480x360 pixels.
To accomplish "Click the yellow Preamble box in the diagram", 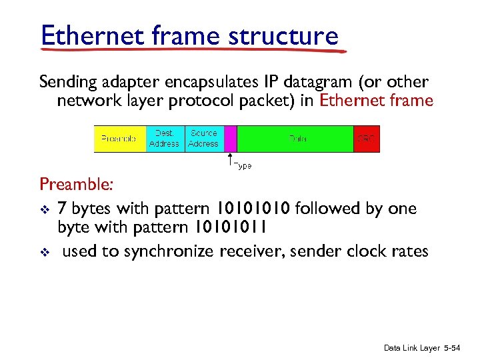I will point(119,139).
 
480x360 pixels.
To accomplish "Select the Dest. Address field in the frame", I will point(164,139).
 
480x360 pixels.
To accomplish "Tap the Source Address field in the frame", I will point(203,139).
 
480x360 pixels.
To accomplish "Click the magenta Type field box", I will point(231,139).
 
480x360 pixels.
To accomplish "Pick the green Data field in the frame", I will point(295,139).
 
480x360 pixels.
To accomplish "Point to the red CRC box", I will point(366,139).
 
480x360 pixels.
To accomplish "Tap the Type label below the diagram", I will point(243,165).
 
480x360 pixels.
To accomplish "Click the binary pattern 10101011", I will point(231,227).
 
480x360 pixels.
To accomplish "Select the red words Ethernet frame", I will point(377,101).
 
